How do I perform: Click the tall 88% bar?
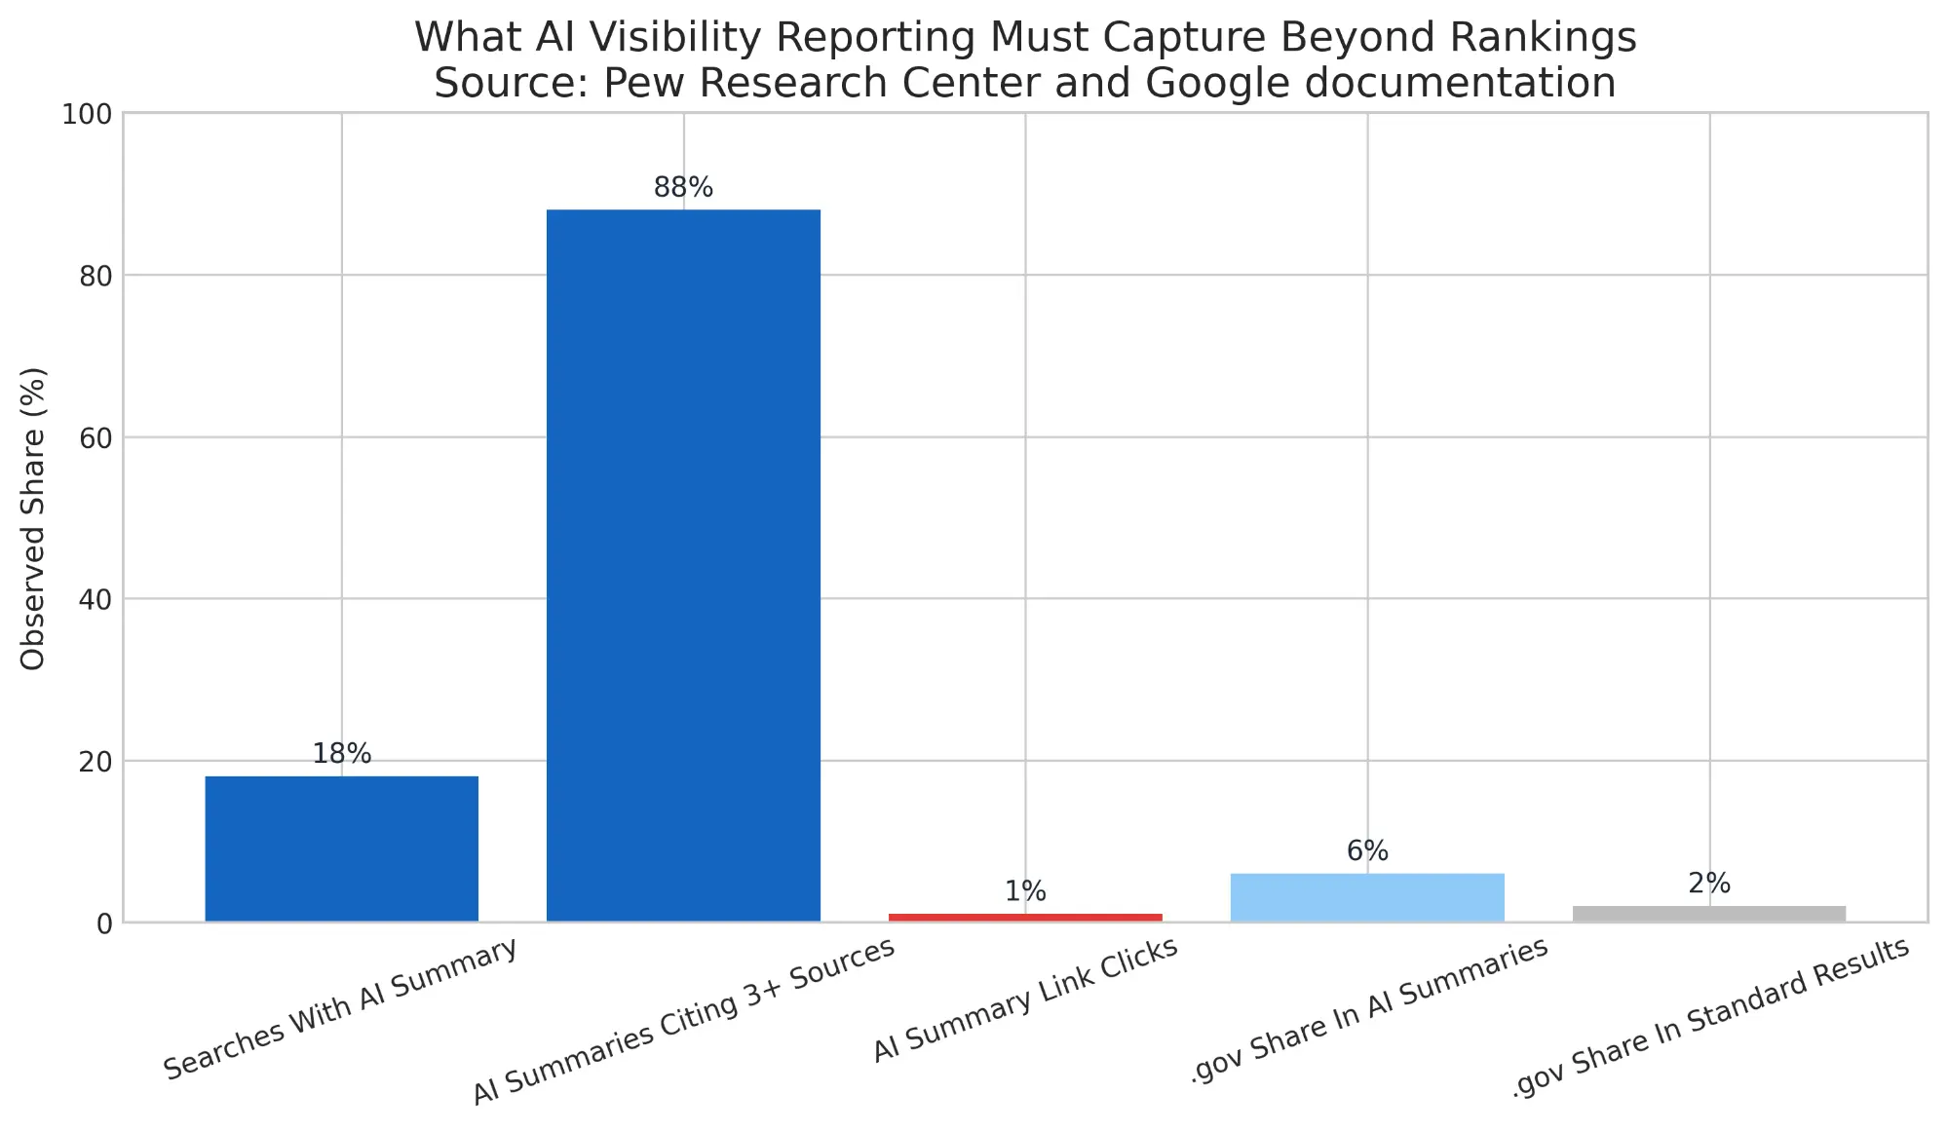tap(683, 565)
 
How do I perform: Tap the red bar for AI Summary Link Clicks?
tap(1025, 917)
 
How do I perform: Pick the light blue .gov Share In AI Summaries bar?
tap(1367, 897)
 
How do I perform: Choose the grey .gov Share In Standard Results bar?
tap(1708, 913)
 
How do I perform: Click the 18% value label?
tap(341, 754)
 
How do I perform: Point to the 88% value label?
tap(683, 188)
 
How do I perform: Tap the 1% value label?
tap(1025, 891)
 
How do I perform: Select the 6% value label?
tap(1367, 851)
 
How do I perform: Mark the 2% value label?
tap(1708, 884)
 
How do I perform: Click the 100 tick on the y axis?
tap(87, 115)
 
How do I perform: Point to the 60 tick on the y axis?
tap(95, 438)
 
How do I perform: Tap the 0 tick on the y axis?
tap(104, 924)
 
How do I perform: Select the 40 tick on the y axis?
tap(95, 600)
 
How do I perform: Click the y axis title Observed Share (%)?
tap(33, 518)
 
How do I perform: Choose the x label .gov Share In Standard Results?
tap(1710, 1018)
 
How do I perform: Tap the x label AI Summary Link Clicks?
tap(1025, 999)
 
